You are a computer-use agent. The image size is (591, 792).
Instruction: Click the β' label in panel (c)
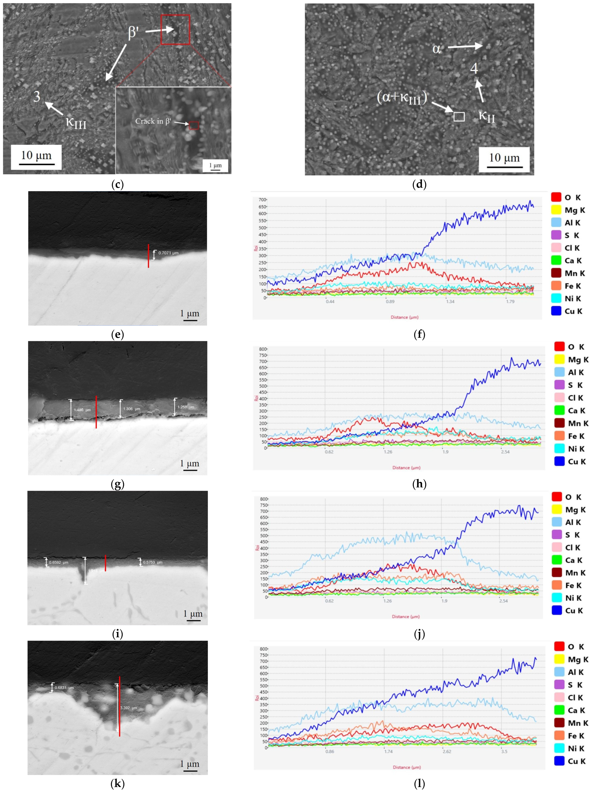(133, 32)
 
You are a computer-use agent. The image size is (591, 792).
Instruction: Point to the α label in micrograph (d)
(436, 48)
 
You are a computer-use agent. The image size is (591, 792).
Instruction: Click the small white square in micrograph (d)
(459, 117)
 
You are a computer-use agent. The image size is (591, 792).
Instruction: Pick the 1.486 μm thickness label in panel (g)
(82, 410)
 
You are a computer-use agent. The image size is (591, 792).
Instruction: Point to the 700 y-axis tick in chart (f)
(262, 200)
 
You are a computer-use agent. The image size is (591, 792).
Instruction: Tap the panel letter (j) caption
(419, 634)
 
